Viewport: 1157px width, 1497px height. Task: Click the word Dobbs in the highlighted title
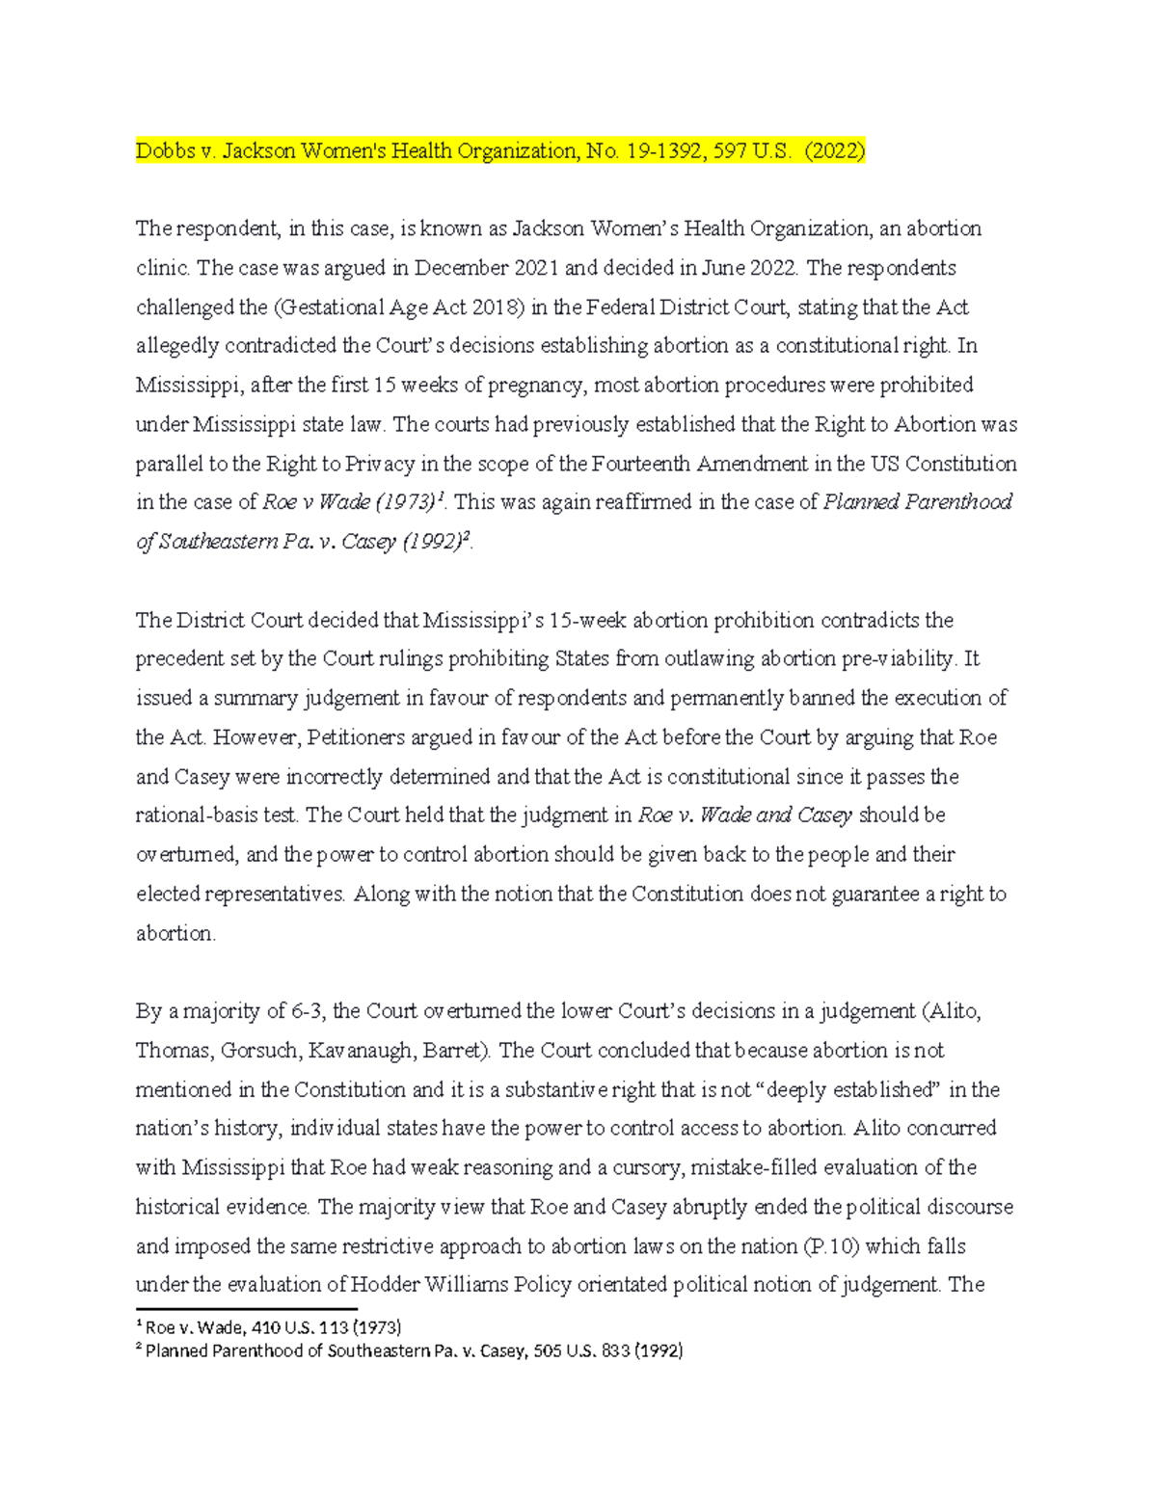[x=163, y=150]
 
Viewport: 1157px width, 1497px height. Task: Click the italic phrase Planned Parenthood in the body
[x=917, y=502]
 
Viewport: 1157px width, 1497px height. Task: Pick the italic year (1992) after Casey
[x=428, y=542]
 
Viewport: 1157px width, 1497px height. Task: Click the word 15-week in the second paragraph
[x=588, y=620]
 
